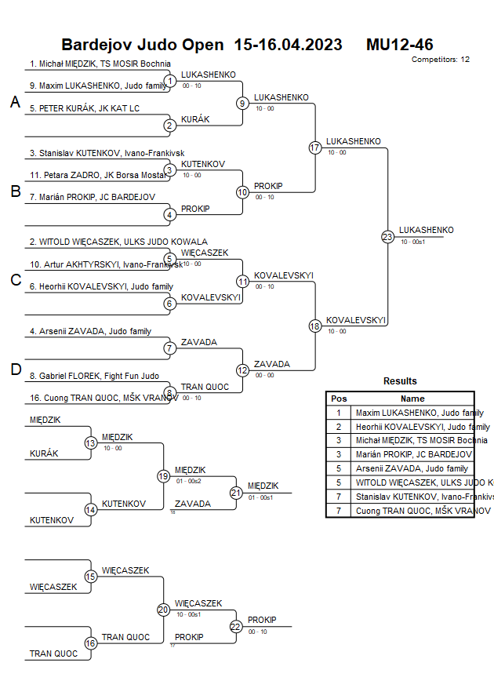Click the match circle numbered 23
pos(387,237)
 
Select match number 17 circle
pos(315,147)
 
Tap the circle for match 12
pos(242,370)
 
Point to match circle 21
pos(236,493)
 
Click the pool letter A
pos(14,103)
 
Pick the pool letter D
pos(14,370)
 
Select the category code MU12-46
pos(399,45)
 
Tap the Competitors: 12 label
pos(441,60)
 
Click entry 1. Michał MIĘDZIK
pos(100,64)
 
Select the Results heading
pos(400,381)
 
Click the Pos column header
pos(339,399)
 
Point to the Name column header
pos(412,399)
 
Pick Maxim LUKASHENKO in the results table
pos(419,413)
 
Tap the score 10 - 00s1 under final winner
pos(412,242)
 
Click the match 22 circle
pos(236,626)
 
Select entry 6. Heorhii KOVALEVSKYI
pos(101,286)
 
